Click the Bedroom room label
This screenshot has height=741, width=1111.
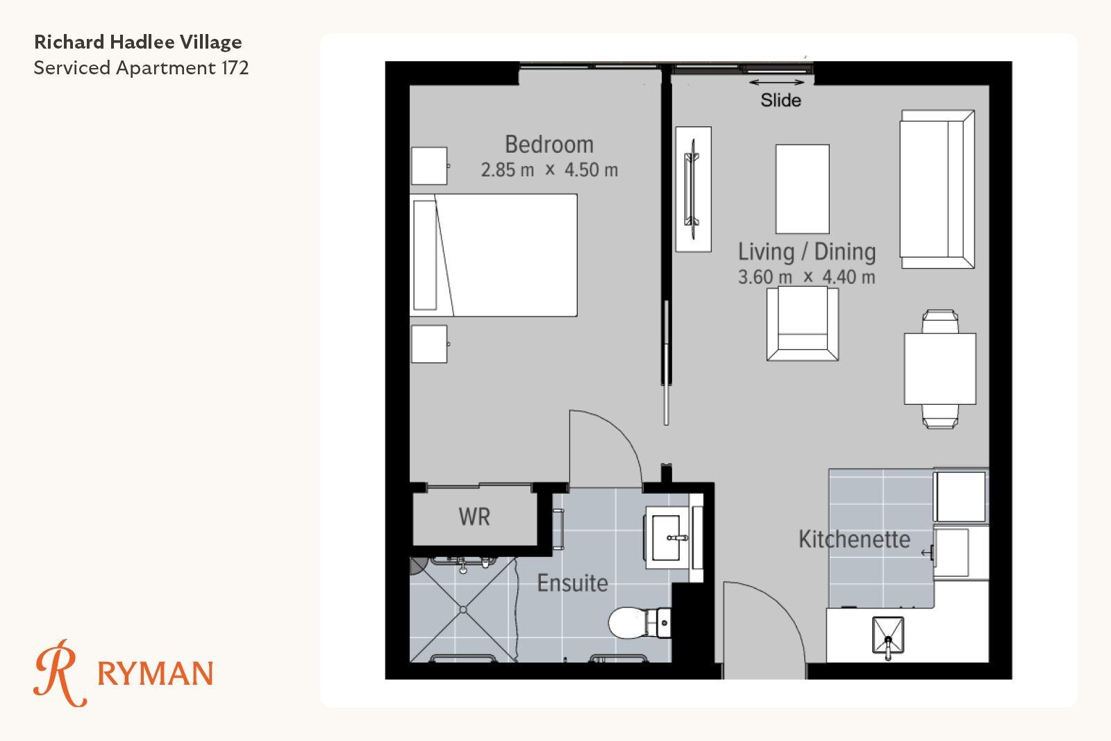tap(549, 144)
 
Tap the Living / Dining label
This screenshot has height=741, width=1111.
tap(807, 251)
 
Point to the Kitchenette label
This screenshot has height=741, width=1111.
tap(854, 539)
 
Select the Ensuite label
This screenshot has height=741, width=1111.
tap(572, 583)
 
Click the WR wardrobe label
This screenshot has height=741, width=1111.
tap(475, 517)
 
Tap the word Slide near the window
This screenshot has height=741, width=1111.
tap(780, 101)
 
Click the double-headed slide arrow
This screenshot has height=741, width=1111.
tap(777, 83)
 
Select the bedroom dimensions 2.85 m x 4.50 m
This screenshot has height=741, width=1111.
tap(549, 170)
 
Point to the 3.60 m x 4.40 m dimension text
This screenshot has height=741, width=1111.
tap(806, 277)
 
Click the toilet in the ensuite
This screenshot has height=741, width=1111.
tap(640, 623)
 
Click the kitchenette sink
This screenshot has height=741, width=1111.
tap(888, 635)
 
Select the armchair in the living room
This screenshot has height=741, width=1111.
tap(803, 324)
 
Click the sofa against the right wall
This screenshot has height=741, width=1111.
tap(937, 189)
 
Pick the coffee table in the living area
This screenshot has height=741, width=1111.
tap(803, 189)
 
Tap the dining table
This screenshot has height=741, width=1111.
tap(940, 369)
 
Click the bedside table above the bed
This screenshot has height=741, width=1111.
tap(429, 166)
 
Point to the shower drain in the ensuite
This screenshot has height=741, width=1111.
tap(462, 610)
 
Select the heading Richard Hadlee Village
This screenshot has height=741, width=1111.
tap(138, 42)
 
